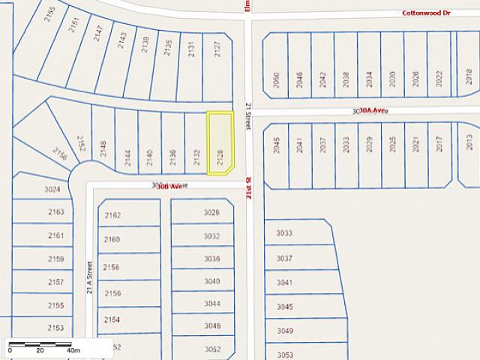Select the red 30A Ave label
click(x=372, y=110)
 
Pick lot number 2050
click(x=277, y=80)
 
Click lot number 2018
click(x=469, y=76)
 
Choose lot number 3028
click(x=211, y=212)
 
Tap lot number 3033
click(x=284, y=233)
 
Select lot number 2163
click(x=55, y=212)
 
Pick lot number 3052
click(x=212, y=349)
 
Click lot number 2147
click(x=98, y=33)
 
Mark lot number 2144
click(x=127, y=157)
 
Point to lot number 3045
click(x=285, y=307)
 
